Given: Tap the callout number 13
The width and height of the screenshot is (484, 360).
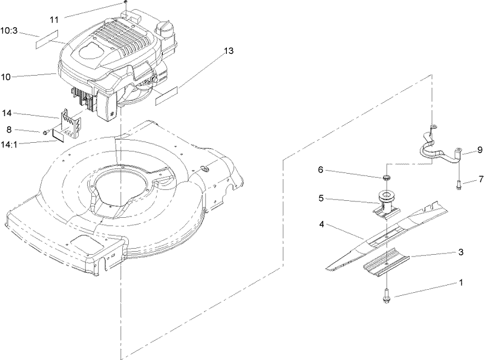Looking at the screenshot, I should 228,51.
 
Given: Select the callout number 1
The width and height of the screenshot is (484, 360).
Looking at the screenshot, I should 460,283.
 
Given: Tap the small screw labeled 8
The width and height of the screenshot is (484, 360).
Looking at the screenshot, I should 45,132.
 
